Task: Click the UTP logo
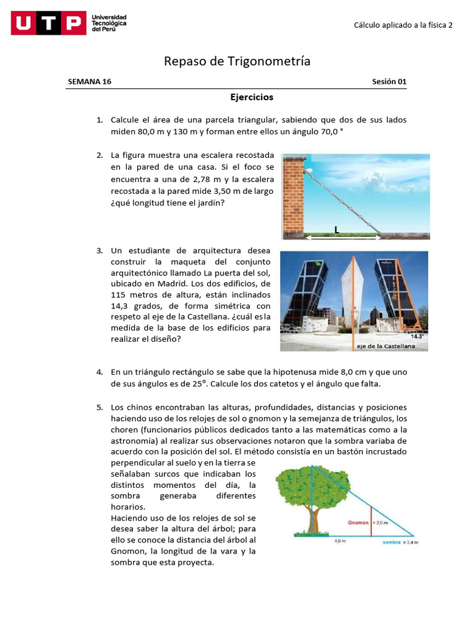click(48, 24)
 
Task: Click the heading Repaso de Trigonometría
click(237, 61)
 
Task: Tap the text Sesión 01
click(389, 82)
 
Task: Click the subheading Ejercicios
click(252, 97)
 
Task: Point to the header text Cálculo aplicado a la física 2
click(403, 25)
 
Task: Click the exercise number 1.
click(99, 119)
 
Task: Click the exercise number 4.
click(99, 372)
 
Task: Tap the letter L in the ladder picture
click(336, 229)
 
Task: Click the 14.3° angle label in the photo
click(419, 336)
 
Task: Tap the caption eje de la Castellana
click(386, 346)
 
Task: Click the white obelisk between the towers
click(354, 291)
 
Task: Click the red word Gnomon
click(358, 523)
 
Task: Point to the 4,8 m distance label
click(340, 541)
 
